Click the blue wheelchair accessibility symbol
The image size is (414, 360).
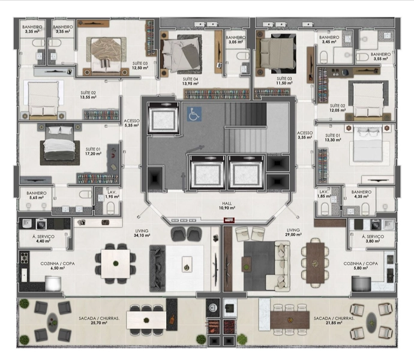pyautogui.click(x=194, y=114)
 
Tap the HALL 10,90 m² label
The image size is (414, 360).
pyautogui.click(x=227, y=205)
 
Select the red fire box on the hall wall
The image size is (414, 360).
pyautogui.click(x=229, y=220)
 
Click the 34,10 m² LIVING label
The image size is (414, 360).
pyautogui.click(x=142, y=233)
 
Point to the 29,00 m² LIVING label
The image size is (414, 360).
pyautogui.click(x=293, y=232)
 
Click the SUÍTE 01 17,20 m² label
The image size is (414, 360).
pyautogui.click(x=93, y=151)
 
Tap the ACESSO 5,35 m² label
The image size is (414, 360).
pyautogui.click(x=131, y=123)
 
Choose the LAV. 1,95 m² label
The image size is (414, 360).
pyautogui.click(x=112, y=194)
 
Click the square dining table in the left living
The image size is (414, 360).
pyautogui.click(x=115, y=263)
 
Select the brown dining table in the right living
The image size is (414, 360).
pyautogui.click(x=315, y=263)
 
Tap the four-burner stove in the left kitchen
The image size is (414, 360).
pyautogui.click(x=24, y=258)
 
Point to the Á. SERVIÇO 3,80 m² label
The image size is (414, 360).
pyautogui.click(x=373, y=239)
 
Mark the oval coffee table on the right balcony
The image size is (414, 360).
pyautogui.click(x=372, y=323)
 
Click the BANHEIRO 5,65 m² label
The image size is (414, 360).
pyautogui.click(x=37, y=195)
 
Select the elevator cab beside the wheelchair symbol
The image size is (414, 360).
pyautogui.click(x=163, y=118)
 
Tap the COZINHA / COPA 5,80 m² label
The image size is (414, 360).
pyautogui.click(x=361, y=266)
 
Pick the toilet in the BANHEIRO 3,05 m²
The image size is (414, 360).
pyautogui.click(x=242, y=56)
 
